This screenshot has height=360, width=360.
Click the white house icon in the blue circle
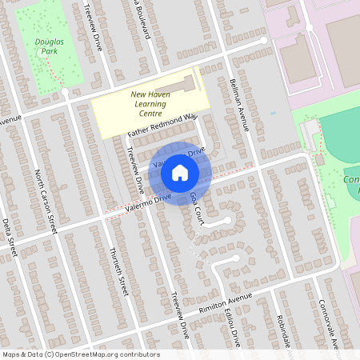[x=180, y=172]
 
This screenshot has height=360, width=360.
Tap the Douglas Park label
[x=50, y=46]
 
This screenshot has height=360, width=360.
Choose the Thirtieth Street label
[x=118, y=271]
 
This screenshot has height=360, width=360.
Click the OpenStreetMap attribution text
[x=81, y=354]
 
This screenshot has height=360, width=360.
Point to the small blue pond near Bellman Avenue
[x=273, y=113]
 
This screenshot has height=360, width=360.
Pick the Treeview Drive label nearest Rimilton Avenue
[x=178, y=313]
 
